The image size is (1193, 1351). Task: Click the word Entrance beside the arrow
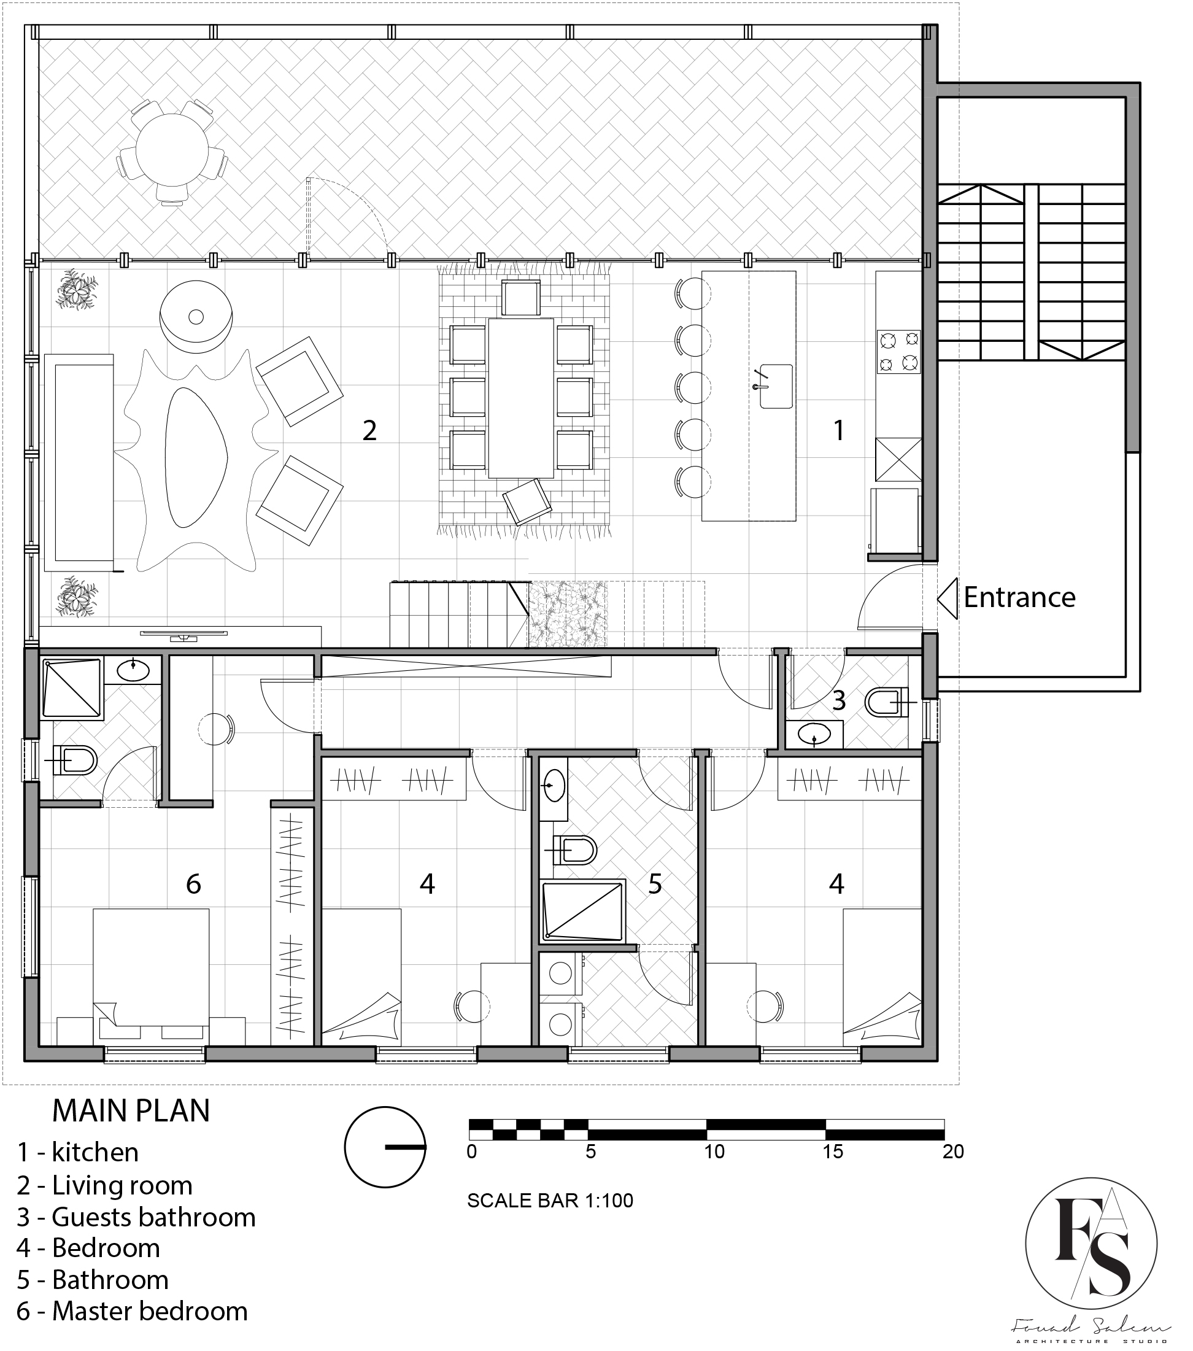tap(1019, 597)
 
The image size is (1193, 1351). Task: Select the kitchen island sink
tap(774, 386)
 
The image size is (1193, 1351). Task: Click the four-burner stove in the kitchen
tap(898, 352)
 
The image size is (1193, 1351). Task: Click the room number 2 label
tap(369, 431)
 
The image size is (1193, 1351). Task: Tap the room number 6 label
tap(193, 885)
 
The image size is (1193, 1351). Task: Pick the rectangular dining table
tap(521, 398)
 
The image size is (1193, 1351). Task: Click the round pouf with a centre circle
tap(196, 317)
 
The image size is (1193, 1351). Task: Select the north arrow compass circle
tap(385, 1147)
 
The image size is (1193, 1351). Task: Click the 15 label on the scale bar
tap(833, 1152)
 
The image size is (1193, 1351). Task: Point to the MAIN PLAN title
tap(131, 1111)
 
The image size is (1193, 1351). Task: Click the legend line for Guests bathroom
tap(136, 1217)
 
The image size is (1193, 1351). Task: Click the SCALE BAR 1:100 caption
tap(550, 1200)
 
